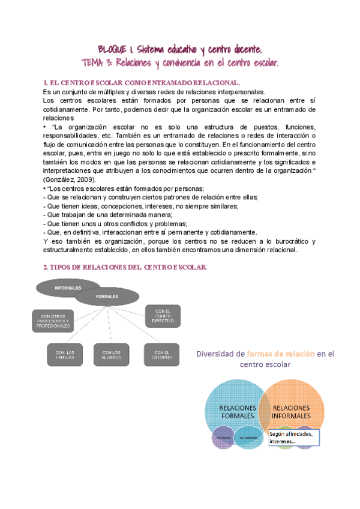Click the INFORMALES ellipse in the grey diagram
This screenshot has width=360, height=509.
[68, 288]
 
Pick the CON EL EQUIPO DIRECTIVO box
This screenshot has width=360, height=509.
[163, 316]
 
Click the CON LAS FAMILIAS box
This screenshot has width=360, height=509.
[65, 354]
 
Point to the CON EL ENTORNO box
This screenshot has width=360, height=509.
[162, 354]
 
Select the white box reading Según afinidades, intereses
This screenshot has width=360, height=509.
[293, 437]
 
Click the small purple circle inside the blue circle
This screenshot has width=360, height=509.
[224, 437]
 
